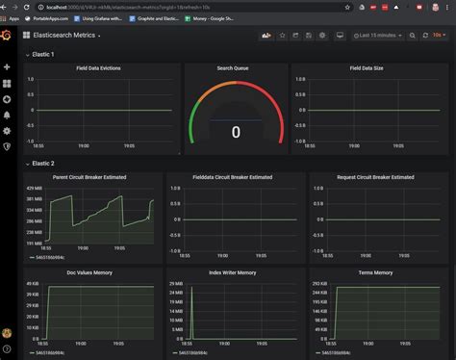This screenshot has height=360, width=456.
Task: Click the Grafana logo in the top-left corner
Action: point(7,35)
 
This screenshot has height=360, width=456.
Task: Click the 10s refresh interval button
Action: point(438,36)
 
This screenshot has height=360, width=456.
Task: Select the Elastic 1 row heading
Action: point(43,55)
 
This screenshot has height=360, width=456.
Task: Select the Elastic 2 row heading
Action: point(43,164)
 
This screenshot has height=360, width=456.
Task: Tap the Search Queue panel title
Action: point(236,68)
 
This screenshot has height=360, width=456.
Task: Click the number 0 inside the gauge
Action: point(236,132)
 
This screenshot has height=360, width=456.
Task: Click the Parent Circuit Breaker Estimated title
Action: point(91,177)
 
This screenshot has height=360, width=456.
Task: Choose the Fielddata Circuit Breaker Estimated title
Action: point(235,177)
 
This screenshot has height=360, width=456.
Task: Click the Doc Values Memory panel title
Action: point(91,272)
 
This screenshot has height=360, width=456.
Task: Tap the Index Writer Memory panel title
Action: point(235,272)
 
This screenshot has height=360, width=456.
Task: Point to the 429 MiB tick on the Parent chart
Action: point(33,188)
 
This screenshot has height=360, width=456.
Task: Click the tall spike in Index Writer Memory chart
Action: point(191,308)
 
